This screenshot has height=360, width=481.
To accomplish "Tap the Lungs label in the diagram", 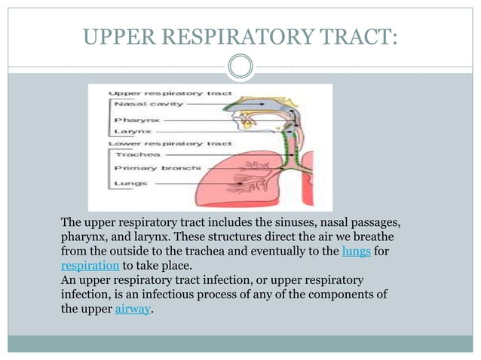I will (130, 182).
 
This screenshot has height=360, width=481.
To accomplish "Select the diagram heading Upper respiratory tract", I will (159, 93).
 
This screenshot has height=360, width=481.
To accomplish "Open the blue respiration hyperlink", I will (90, 265).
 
